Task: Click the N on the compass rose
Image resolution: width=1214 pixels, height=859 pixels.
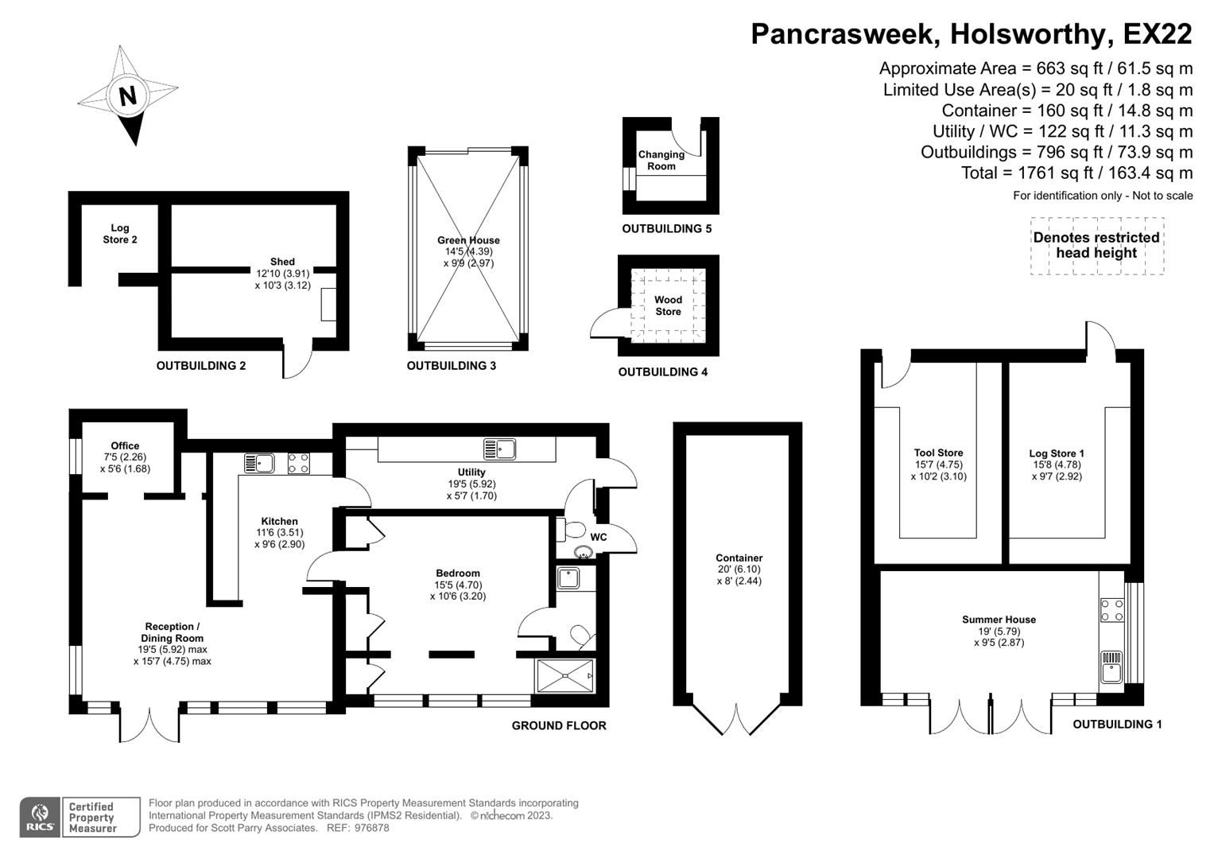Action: coord(127,96)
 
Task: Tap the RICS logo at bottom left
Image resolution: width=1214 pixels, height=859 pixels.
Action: coord(39,817)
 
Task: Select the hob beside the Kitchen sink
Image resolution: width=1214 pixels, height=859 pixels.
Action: coord(299,463)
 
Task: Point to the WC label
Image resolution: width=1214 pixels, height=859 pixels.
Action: coord(599,537)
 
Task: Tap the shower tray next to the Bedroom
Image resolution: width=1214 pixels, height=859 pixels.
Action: coord(565,676)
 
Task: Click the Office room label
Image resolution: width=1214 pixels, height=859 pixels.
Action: coord(125,445)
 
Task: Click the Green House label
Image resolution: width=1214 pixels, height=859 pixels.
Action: coord(468,240)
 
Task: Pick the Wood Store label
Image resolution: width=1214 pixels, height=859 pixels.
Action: coord(668,305)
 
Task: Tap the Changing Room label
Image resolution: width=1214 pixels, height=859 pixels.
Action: coord(661,160)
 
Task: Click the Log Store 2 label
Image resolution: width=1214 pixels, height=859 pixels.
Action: coord(119,234)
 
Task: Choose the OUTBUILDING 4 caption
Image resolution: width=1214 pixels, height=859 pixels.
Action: coord(662,372)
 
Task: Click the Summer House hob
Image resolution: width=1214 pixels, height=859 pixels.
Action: coord(1111,610)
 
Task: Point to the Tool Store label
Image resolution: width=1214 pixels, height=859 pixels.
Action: coord(938,453)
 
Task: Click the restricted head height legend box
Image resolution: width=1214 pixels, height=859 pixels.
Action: coord(1096,246)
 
